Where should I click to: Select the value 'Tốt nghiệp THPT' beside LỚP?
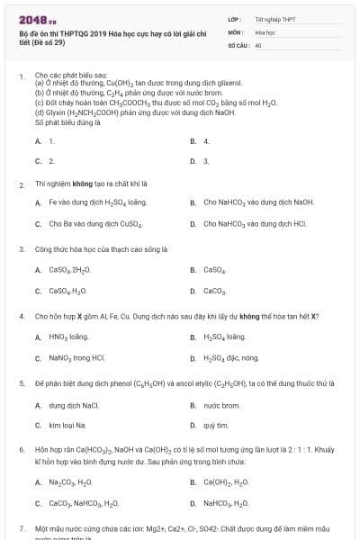point(274,18)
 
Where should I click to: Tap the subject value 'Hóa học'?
point(265,31)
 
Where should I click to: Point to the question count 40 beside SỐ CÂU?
point(258,44)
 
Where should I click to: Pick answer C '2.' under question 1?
point(51,160)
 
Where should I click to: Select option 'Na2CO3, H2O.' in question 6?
point(71,482)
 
